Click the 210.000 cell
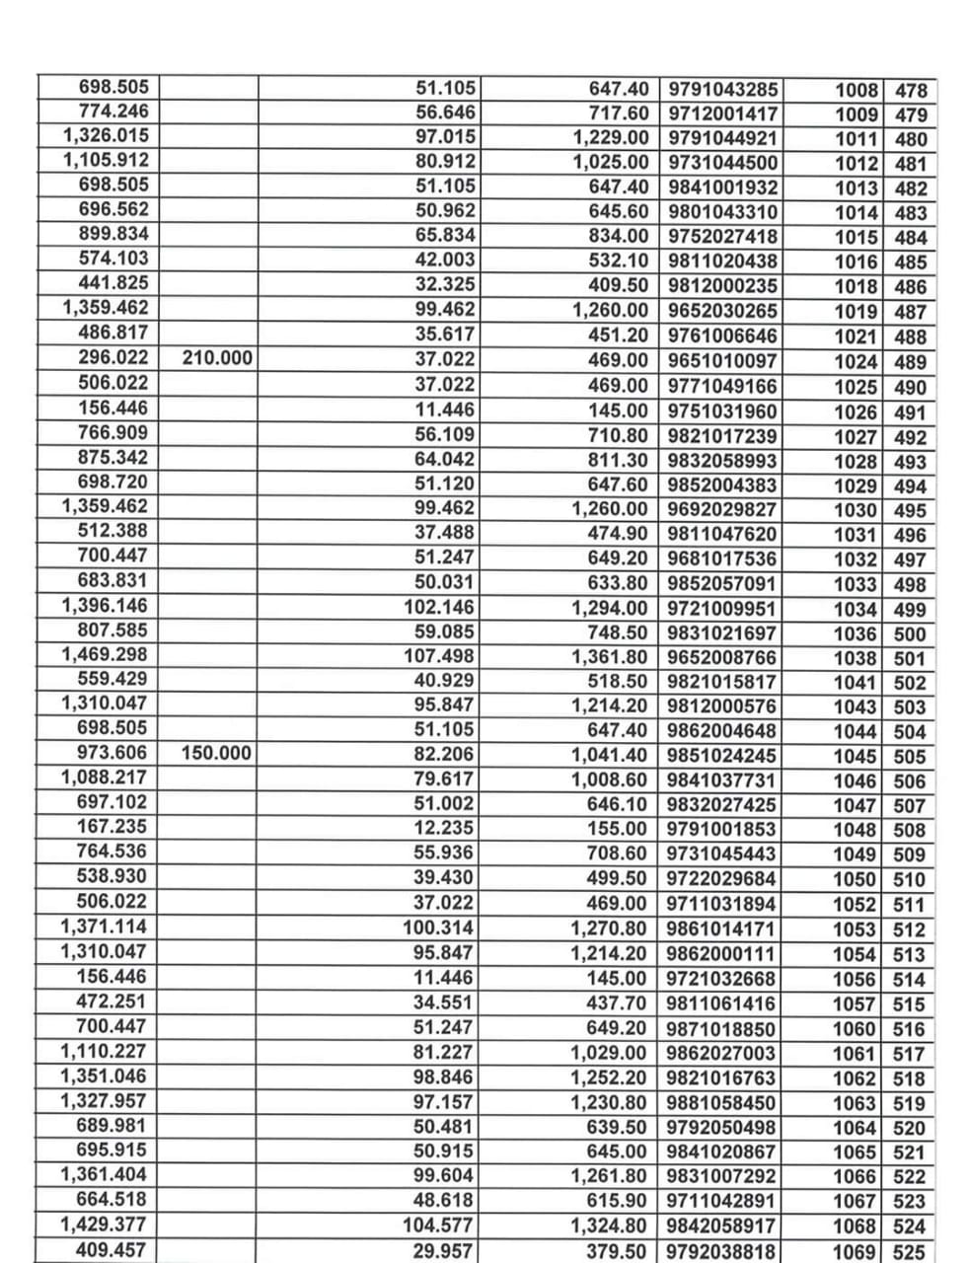pyautogui.click(x=217, y=358)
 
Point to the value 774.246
pyautogui.click(x=112, y=111)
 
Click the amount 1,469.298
pyautogui.click(x=104, y=654)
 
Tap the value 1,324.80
pyautogui.click(x=610, y=1226)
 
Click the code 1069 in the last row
pyautogui.click(x=855, y=1252)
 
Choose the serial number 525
pyautogui.click(x=909, y=1252)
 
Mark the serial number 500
pyautogui.click(x=909, y=633)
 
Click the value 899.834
pyautogui.click(x=112, y=234)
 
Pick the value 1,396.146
pyautogui.click(x=104, y=605)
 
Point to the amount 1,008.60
pyautogui.click(x=610, y=780)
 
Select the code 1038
pyautogui.click(x=855, y=658)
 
